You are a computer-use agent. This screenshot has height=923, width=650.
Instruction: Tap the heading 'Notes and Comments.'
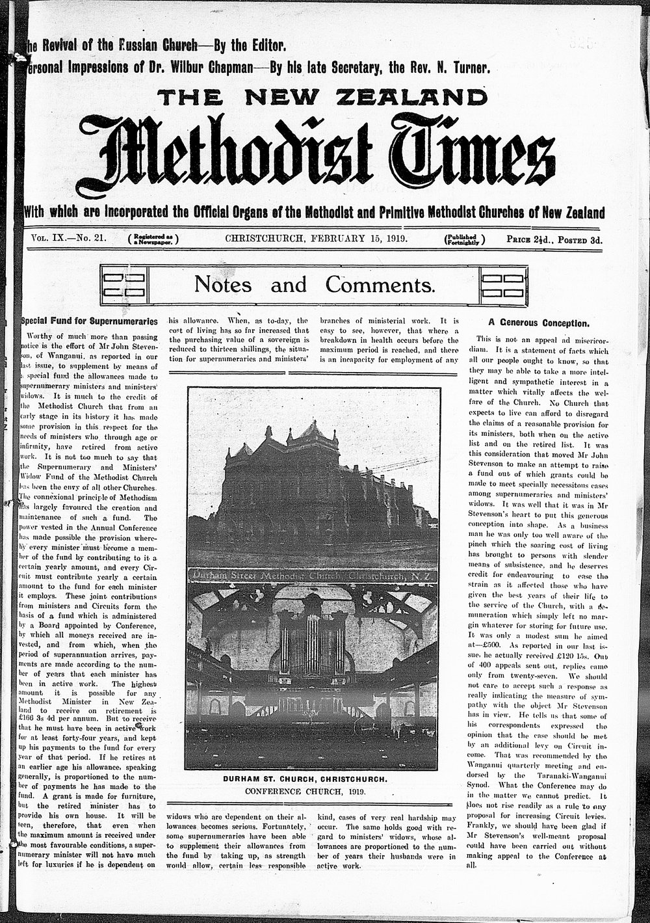(x=315, y=284)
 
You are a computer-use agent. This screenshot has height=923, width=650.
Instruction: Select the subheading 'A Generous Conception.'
(x=539, y=323)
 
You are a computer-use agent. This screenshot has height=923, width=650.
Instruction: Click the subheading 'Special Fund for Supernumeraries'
(x=90, y=321)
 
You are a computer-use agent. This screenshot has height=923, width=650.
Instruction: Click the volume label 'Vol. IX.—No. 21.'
(x=69, y=238)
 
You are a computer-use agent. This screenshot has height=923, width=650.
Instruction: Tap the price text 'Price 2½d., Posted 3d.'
(x=554, y=239)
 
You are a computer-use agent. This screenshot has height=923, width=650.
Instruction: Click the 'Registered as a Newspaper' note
(x=153, y=239)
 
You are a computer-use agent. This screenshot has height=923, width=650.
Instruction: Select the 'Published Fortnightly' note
(x=464, y=239)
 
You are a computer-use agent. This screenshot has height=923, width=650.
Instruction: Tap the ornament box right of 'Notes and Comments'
(x=503, y=284)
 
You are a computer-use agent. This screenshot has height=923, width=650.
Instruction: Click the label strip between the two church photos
(x=312, y=576)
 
